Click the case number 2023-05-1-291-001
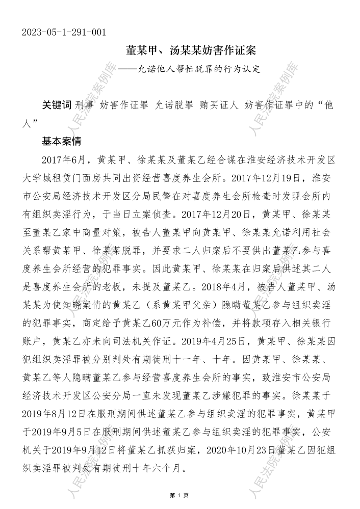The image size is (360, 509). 64,33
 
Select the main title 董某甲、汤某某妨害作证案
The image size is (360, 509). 191,51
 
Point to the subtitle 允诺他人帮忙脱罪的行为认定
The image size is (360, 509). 199,69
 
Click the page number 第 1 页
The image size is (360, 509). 180,495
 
